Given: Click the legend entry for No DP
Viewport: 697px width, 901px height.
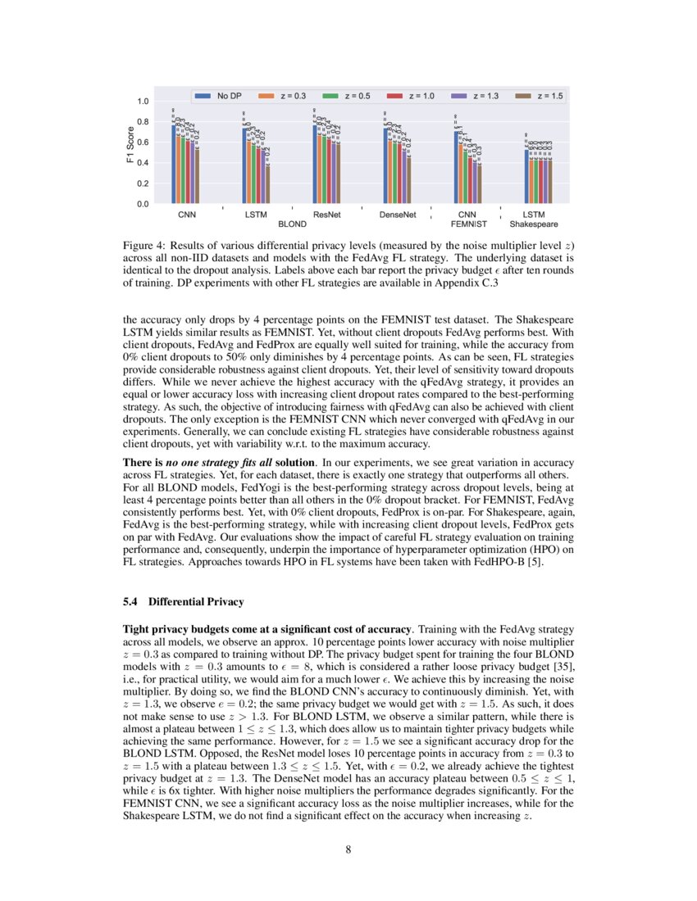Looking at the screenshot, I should (221, 97).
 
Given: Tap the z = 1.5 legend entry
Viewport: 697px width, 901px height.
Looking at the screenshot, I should (548, 97).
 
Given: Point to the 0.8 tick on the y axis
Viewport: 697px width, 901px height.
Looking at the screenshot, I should (143, 122).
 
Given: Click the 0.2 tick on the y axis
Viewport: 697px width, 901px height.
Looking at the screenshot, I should (143, 183).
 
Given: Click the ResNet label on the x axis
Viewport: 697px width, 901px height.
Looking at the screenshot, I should (327, 215).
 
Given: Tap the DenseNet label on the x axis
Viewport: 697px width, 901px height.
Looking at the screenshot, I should (398, 215).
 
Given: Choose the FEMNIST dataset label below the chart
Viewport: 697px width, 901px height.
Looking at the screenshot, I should (469, 223).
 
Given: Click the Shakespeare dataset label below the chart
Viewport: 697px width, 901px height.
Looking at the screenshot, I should (534, 223).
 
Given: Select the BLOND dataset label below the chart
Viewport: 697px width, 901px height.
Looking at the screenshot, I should (293, 223).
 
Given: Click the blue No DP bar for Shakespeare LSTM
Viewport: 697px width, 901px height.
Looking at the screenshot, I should (526, 176).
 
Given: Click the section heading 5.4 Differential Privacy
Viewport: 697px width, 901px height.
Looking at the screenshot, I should (183, 602).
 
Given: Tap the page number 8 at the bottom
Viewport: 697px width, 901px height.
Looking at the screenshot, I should (348, 849).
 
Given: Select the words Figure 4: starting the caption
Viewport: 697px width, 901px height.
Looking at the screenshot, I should (145, 243).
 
